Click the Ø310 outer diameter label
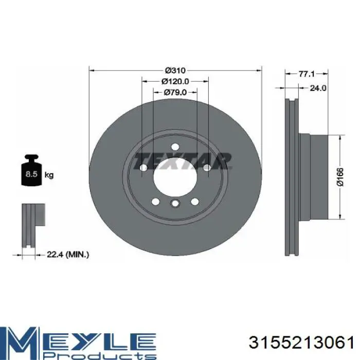[175, 70]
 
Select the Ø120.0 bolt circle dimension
[175, 81]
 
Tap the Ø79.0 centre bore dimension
[175, 92]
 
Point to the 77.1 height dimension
[307, 74]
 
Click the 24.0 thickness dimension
[318, 88]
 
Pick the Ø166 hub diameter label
[340, 176]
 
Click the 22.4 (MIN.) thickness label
[68, 254]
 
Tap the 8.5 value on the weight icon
[31, 174]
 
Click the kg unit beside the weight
[49, 175]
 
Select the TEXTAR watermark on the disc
[183, 160]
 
